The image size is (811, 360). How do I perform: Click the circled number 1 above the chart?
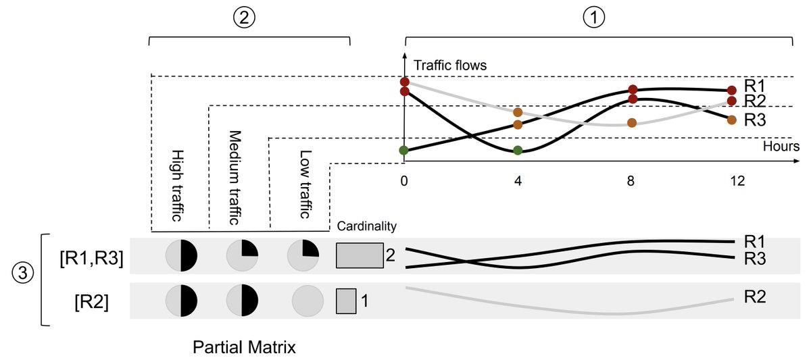coord(594,19)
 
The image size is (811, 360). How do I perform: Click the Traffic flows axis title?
coord(449,66)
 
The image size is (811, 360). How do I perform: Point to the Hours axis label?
coord(781,146)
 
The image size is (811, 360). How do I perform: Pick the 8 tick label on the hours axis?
coord(632,181)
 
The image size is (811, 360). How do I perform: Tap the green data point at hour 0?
coord(404,150)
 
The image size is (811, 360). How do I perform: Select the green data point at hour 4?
coord(518,150)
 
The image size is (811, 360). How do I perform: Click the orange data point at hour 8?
coord(632,123)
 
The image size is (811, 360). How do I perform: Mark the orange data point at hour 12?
coord(732,120)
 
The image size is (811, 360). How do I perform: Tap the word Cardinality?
coord(366,226)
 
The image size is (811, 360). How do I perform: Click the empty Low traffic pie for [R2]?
coord(304,300)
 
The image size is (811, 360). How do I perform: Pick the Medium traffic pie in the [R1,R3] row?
coord(242,256)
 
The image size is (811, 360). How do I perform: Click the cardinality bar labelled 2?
coord(360,255)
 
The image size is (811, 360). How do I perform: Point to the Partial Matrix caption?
coord(244,347)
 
